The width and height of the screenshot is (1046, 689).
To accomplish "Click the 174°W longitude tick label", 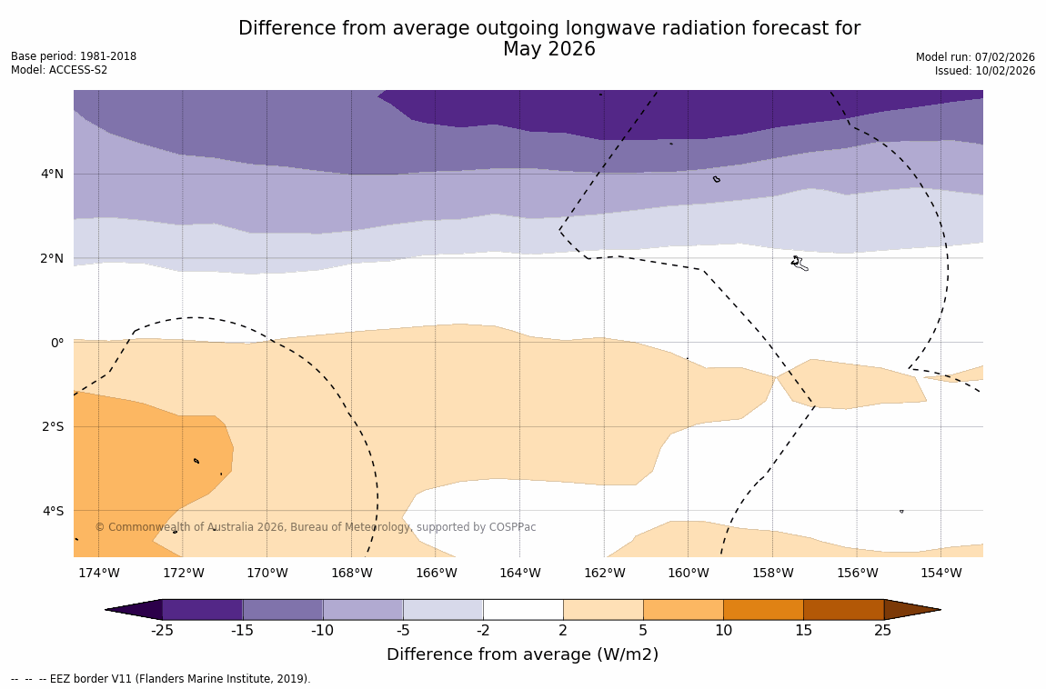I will [98, 573].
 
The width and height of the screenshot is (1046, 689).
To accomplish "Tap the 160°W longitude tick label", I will [689, 573].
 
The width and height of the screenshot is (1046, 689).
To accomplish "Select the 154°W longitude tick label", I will [940, 573].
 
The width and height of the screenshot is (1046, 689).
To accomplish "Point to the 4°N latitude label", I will [52, 174].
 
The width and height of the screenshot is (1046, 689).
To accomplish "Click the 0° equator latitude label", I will [56, 343].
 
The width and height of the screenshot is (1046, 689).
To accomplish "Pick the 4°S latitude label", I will [52, 511].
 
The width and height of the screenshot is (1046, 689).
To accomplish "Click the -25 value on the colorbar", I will [162, 631].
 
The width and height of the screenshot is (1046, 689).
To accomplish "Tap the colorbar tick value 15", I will [803, 631].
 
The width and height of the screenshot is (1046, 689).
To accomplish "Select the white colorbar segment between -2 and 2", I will [523, 609].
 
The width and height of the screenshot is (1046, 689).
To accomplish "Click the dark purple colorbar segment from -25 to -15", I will [202, 609].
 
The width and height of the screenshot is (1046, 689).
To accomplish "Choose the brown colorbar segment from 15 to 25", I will [843, 609].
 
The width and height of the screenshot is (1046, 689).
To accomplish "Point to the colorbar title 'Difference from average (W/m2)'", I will [522, 654].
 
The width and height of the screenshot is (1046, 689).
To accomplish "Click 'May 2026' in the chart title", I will [548, 50].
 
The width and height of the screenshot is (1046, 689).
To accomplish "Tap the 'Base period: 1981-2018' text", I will [74, 56].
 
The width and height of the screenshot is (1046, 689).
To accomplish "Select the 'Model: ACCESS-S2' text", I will [59, 70].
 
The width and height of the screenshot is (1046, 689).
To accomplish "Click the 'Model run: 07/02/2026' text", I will [975, 57].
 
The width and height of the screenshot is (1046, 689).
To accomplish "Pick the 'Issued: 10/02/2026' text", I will [985, 71].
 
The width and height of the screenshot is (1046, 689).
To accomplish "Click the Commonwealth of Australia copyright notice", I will [316, 527].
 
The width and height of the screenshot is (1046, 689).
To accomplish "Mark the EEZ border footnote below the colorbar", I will [161, 679].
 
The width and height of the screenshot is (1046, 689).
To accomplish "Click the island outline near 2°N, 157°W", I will [799, 264].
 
